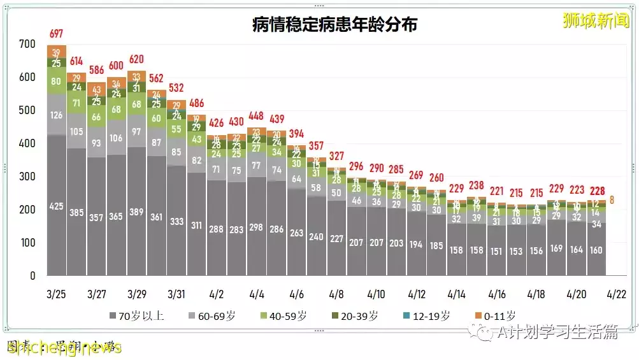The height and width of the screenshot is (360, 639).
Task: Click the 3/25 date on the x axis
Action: [57, 295]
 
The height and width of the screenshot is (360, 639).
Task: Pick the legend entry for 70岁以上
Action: [138, 315]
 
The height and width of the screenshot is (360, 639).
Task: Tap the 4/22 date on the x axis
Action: [617, 295]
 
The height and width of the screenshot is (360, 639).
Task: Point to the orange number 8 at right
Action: [612, 200]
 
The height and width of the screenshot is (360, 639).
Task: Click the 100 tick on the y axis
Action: [27, 243]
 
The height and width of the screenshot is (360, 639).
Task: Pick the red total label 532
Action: [176, 87]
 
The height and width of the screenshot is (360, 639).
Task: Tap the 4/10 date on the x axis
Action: [377, 295]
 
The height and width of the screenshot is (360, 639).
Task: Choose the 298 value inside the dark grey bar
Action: [257, 228]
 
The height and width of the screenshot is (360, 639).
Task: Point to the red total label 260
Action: [436, 178]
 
